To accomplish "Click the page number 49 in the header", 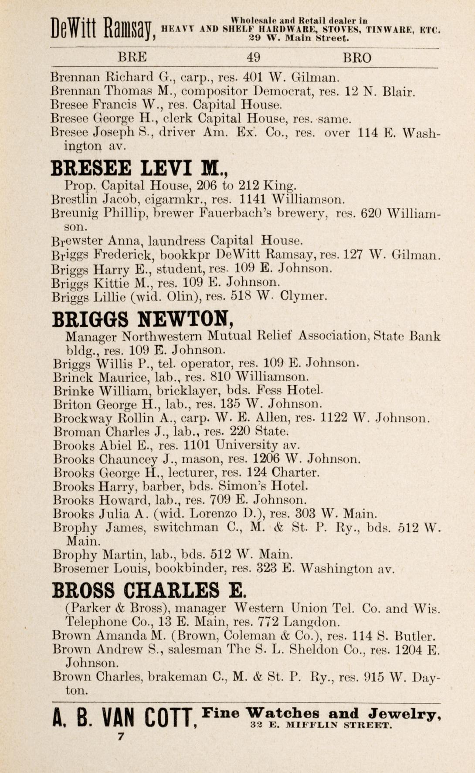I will pyautogui.click(x=254, y=58).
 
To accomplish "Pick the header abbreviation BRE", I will pyautogui.click(x=132, y=58).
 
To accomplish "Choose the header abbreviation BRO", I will pyautogui.click(x=357, y=58).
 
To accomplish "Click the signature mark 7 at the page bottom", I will pyautogui.click(x=121, y=737).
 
